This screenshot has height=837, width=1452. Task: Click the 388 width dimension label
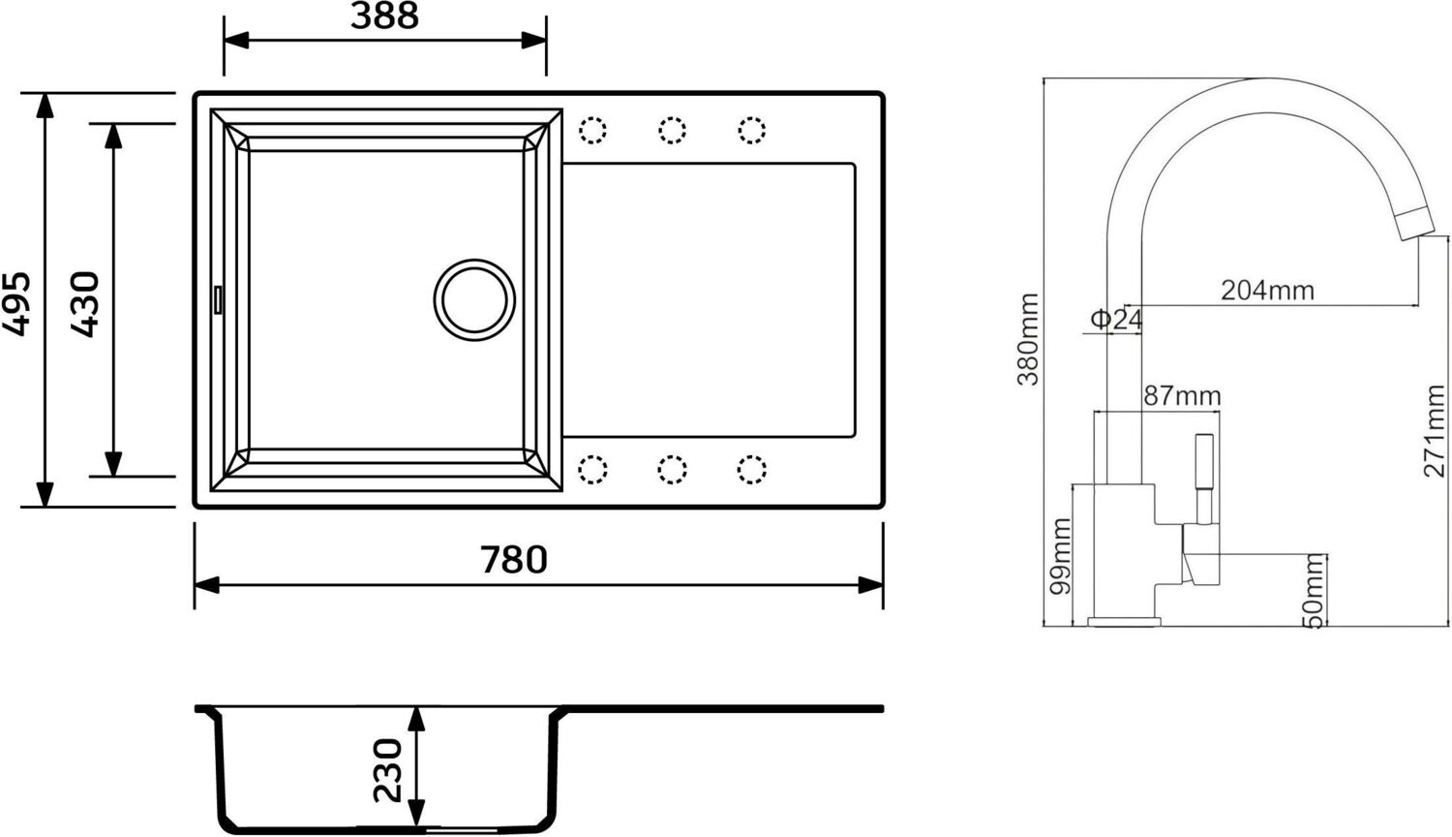(384, 16)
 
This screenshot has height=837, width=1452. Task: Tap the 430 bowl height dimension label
(85, 304)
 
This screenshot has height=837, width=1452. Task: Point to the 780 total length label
(514, 560)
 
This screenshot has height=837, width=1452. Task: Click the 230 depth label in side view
(387, 770)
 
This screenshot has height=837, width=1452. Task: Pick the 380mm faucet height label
(1028, 339)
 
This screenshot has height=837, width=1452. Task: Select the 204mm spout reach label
(1267, 290)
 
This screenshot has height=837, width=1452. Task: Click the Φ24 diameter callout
(1116, 319)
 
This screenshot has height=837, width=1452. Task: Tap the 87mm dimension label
(1182, 395)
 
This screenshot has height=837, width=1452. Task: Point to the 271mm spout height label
(1434, 431)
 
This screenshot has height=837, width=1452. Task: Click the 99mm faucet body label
(1061, 556)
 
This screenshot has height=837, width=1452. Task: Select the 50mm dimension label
(1314, 591)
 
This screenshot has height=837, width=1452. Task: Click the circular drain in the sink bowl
(474, 299)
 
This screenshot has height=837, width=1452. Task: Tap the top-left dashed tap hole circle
(592, 130)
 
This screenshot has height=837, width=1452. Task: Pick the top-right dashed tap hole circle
(751, 130)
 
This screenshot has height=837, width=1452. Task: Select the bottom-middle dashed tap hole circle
(672, 470)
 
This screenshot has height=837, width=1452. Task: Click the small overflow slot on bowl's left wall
(218, 299)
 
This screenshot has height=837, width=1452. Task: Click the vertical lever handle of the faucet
(1204, 475)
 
